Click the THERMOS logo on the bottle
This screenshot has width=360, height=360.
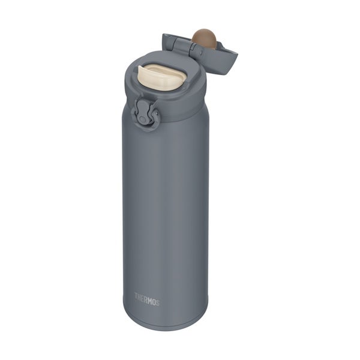point(147,299)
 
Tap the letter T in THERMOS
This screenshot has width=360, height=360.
point(136,296)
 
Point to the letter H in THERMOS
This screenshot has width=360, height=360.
point(140,298)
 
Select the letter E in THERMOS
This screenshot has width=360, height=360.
point(143,298)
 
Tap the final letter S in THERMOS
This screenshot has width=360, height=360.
point(157,302)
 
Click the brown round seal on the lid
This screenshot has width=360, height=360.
point(204,39)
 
